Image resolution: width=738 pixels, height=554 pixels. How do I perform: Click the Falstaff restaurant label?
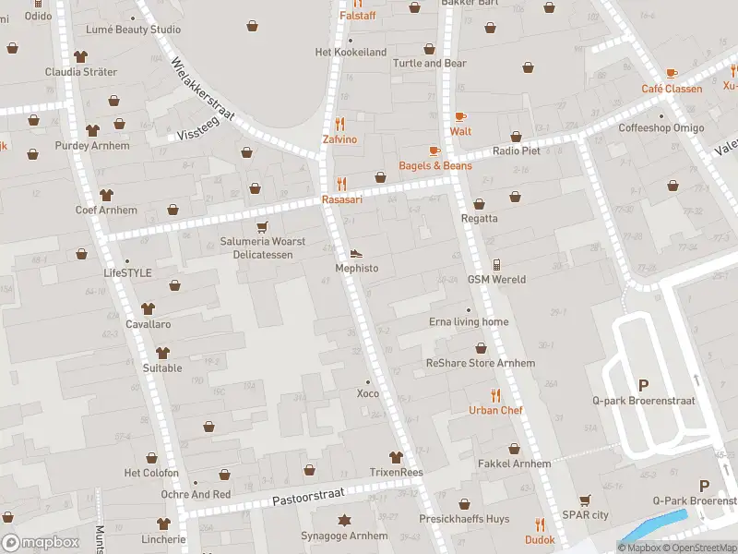click(357, 16)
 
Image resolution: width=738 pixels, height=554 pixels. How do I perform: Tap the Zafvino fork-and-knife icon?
click(339, 124)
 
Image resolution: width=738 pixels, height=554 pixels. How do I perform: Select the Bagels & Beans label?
click(434, 165)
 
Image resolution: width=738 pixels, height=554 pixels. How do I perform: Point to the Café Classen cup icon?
click(672, 73)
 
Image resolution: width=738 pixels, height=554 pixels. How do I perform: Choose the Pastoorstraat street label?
click(307, 499)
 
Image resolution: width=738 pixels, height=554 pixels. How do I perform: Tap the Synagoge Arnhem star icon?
click(344, 521)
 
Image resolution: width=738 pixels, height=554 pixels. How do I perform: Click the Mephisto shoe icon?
click(356, 253)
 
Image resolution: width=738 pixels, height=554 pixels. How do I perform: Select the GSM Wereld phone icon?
click(496, 264)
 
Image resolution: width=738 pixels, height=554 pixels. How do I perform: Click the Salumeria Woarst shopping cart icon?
click(262, 226)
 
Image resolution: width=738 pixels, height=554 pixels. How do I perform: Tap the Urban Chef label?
click(495, 410)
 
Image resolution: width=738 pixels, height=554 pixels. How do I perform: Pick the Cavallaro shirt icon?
click(148, 309)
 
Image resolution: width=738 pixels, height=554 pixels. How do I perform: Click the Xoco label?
click(368, 393)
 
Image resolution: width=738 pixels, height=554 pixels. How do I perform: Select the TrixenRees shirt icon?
click(396, 457)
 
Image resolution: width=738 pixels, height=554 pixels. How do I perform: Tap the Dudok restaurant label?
click(540, 540)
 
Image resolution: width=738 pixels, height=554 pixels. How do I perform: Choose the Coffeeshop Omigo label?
click(661, 128)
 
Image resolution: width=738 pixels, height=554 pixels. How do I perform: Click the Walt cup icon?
click(460, 116)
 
